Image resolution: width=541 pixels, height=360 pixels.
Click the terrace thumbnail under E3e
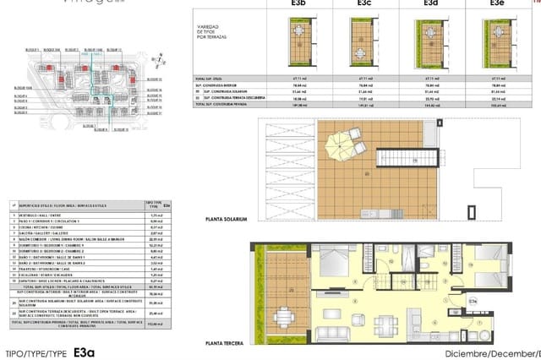pos(498,41)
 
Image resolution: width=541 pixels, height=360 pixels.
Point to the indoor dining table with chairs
pos(385,320)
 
